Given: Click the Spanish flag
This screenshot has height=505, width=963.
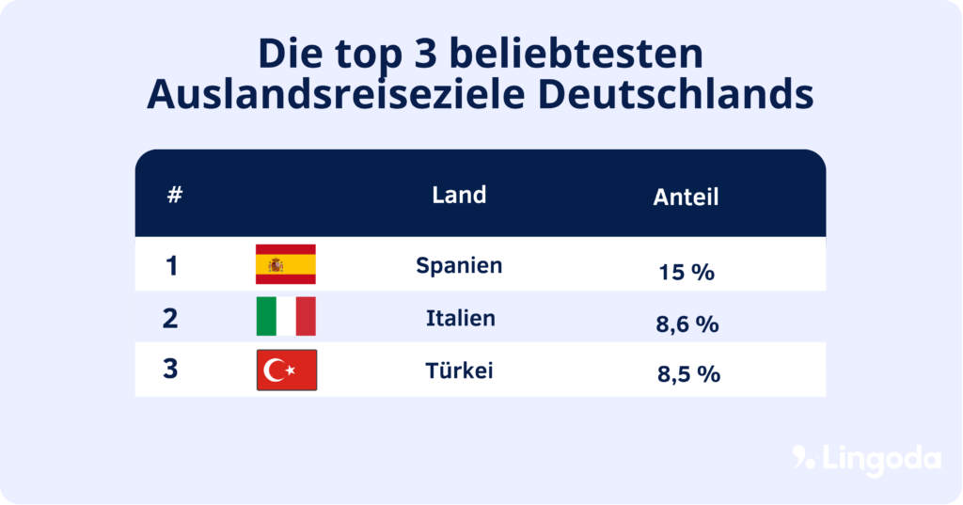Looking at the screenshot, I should pyautogui.click(x=286, y=264).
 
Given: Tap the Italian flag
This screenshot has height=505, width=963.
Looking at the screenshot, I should pyautogui.click(x=286, y=317).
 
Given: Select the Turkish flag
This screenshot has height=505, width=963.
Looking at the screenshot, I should pyautogui.click(x=287, y=370).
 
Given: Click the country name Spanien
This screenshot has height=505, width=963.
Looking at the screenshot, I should pyautogui.click(x=459, y=265).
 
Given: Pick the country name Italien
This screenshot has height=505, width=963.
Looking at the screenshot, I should pyautogui.click(x=460, y=318).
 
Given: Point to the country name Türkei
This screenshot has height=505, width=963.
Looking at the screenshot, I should pyautogui.click(x=459, y=371).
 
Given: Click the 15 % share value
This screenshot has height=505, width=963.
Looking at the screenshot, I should pyautogui.click(x=687, y=273).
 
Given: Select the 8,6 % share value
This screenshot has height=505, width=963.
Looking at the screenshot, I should pyautogui.click(x=687, y=324).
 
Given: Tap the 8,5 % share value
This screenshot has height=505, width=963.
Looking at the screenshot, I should pyautogui.click(x=688, y=374).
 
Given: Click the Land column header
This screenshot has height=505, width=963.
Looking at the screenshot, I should pyautogui.click(x=459, y=195).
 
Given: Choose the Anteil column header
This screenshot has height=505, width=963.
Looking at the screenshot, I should pyautogui.click(x=686, y=197).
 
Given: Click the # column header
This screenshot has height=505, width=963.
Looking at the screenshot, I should pyautogui.click(x=175, y=197).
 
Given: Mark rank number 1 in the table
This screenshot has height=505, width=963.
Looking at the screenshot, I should pyautogui.click(x=171, y=266).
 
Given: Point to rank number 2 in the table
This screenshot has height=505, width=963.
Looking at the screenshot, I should pyautogui.click(x=170, y=318).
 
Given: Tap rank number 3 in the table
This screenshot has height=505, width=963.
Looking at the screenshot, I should pyautogui.click(x=170, y=369).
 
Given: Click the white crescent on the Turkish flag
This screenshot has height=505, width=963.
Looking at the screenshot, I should pyautogui.click(x=276, y=371).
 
